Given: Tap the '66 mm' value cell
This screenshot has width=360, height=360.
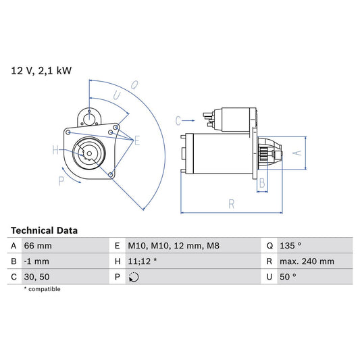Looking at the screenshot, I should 38,246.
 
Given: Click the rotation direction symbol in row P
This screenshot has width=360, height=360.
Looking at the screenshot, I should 134,277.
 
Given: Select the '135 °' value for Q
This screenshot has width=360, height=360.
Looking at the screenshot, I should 291,246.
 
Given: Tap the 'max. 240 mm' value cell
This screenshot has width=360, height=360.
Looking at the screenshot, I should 307,261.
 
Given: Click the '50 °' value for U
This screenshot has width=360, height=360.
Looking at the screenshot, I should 288,277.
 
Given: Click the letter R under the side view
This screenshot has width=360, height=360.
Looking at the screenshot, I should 232,203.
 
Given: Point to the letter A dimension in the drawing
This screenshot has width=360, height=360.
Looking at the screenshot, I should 294,153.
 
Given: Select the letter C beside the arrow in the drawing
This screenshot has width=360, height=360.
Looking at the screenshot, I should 178,121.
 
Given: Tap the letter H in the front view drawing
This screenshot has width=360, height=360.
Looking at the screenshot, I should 55,150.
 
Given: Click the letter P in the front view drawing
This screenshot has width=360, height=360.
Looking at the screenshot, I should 61,180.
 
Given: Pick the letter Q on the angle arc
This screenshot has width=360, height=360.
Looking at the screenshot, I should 134,84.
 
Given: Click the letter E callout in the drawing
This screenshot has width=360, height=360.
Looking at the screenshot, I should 137,140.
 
